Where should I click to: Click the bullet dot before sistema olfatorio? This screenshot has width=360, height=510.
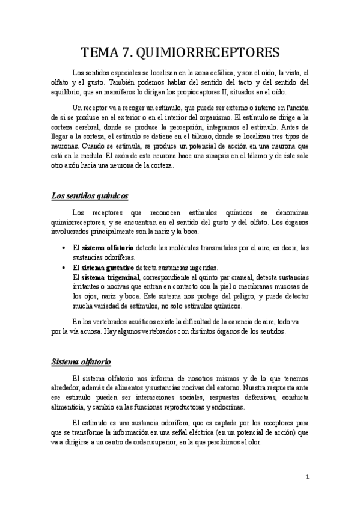(x=64, y=248)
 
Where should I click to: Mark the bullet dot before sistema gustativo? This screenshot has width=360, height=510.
(x=64, y=267)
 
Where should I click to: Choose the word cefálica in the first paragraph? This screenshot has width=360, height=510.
(x=203, y=73)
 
